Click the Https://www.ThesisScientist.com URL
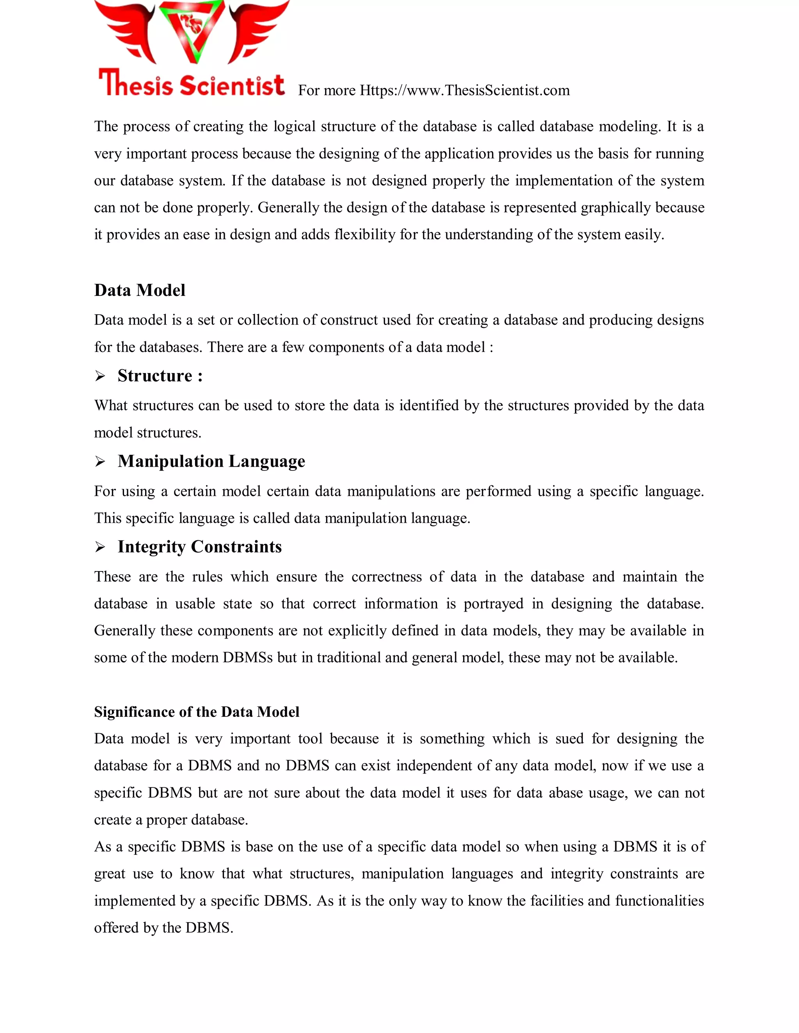464,90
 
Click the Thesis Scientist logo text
192,84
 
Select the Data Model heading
140,290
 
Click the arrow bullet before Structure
100,376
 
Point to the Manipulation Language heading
211,461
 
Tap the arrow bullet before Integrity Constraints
100,547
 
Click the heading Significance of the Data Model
197,712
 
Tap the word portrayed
493,603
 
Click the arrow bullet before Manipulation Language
100,462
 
